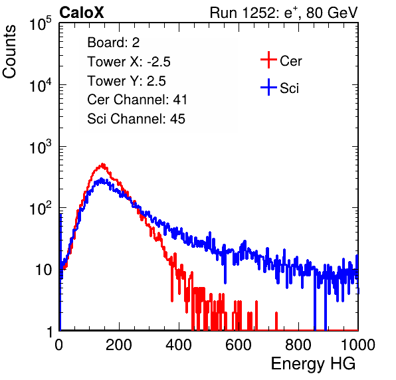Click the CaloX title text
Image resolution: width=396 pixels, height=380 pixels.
click(x=82, y=13)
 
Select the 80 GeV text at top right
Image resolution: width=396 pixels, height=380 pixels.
click(x=332, y=13)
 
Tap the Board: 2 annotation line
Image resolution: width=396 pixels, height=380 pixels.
click(x=113, y=43)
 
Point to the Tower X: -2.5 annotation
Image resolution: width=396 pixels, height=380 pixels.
click(x=129, y=62)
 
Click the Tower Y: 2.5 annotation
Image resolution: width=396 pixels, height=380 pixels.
click(x=126, y=81)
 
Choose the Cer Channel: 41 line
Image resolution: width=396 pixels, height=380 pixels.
click(x=137, y=100)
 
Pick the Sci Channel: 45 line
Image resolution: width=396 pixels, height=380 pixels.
click(x=136, y=119)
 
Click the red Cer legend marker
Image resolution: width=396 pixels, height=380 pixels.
click(x=268, y=60)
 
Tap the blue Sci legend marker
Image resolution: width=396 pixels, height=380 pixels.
click(x=268, y=88)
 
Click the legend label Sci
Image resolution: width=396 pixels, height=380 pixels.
click(x=290, y=88)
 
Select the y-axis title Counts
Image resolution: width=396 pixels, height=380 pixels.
click(x=9, y=51)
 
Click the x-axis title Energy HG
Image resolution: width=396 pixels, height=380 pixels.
click(x=313, y=364)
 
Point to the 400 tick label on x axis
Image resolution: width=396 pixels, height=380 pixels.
click(x=179, y=345)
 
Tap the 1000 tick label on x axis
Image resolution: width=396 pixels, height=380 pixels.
click(x=358, y=345)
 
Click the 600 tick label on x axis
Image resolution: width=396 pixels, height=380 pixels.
click(x=239, y=345)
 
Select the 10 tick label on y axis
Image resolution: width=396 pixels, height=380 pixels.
click(x=43, y=270)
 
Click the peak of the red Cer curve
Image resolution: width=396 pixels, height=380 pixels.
click(x=103, y=164)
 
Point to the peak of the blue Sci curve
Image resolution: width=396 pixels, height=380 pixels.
click(x=102, y=179)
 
